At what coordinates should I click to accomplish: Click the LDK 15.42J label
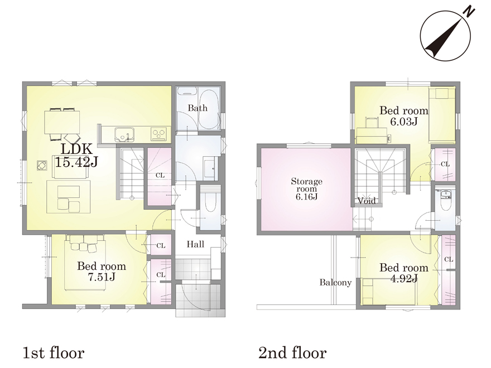pyautogui.click(x=76, y=155)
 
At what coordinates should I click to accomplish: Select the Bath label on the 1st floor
pyautogui.click(x=198, y=108)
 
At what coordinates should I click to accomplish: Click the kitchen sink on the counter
pyautogui.click(x=124, y=134)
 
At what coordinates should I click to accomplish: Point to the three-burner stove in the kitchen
pyautogui.click(x=159, y=134)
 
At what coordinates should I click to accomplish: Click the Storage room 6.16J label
pyautogui.click(x=306, y=188)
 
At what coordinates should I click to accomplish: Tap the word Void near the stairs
pyautogui.click(x=367, y=201)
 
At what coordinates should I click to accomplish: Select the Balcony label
pyautogui.click(x=335, y=283)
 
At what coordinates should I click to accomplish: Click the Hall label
pyautogui.click(x=195, y=244)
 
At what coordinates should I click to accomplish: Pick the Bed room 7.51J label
pyautogui.click(x=102, y=272)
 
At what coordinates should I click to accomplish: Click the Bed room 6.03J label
pyautogui.click(x=404, y=115)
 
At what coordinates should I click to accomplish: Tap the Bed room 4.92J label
pyautogui.click(x=404, y=273)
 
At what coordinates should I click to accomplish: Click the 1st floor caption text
pyautogui.click(x=54, y=353)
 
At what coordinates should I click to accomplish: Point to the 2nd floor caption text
pyautogui.click(x=292, y=353)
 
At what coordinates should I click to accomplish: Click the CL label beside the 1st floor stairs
pyautogui.click(x=160, y=176)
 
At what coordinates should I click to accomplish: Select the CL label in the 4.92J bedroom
pyautogui.click(x=449, y=259)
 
